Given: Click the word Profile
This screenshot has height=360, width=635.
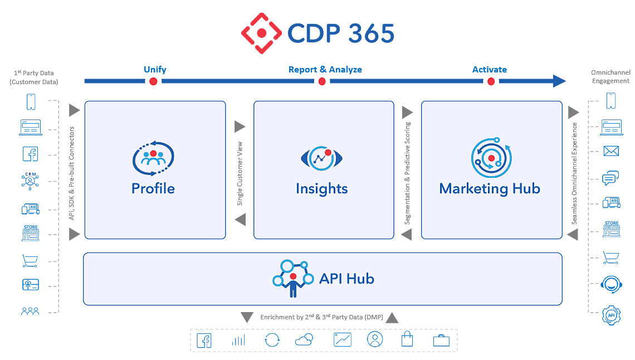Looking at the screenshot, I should click(x=153, y=189).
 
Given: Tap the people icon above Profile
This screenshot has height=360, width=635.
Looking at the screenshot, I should click(x=153, y=158).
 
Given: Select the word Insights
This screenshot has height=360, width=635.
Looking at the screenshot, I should click(x=321, y=189).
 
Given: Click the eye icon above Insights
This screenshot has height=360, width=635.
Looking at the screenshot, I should click(x=321, y=158).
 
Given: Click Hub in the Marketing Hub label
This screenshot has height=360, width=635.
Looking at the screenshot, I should click(x=526, y=189).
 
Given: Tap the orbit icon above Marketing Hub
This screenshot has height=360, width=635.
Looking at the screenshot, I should click(x=490, y=158).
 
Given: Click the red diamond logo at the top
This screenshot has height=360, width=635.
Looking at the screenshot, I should click(x=262, y=33).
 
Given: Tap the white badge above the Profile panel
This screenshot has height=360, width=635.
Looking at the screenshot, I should click(x=153, y=84).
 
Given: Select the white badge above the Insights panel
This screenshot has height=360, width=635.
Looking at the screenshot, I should click(x=321, y=84).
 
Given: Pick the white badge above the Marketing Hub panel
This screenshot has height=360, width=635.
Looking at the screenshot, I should click(x=491, y=84).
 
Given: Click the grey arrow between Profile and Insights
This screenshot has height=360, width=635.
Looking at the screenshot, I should click(x=240, y=170).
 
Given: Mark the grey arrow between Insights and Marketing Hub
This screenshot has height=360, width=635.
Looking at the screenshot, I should click(x=408, y=170).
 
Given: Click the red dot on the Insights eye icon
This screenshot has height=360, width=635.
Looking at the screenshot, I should click(x=328, y=152).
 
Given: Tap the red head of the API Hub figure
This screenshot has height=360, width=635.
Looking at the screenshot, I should click(x=293, y=276).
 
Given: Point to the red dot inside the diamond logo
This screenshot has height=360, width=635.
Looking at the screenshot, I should click(x=262, y=33).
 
